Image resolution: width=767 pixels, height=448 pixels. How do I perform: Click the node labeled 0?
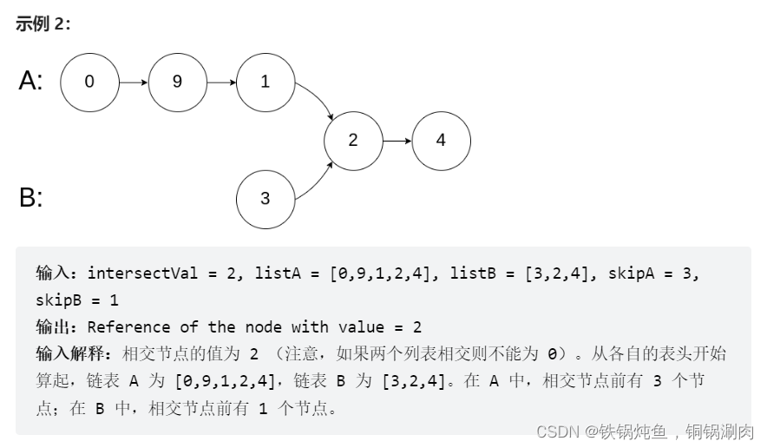(89, 82)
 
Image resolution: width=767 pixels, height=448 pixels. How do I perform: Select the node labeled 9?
(177, 82)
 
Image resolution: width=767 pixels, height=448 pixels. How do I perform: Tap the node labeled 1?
(265, 82)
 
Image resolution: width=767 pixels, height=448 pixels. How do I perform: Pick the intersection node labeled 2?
(352, 140)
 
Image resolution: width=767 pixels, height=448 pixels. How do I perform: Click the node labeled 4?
(441, 140)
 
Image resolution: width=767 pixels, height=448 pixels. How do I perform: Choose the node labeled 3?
(265, 199)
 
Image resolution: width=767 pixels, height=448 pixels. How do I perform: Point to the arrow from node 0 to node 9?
(133, 82)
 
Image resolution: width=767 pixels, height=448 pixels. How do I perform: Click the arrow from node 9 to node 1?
(221, 82)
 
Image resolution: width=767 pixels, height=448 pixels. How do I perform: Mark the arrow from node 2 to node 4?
(397, 140)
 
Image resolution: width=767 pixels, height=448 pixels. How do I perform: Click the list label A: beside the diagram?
(30, 82)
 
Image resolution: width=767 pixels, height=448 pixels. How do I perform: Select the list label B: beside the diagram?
(30, 198)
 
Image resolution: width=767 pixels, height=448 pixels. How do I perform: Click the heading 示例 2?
(43, 24)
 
